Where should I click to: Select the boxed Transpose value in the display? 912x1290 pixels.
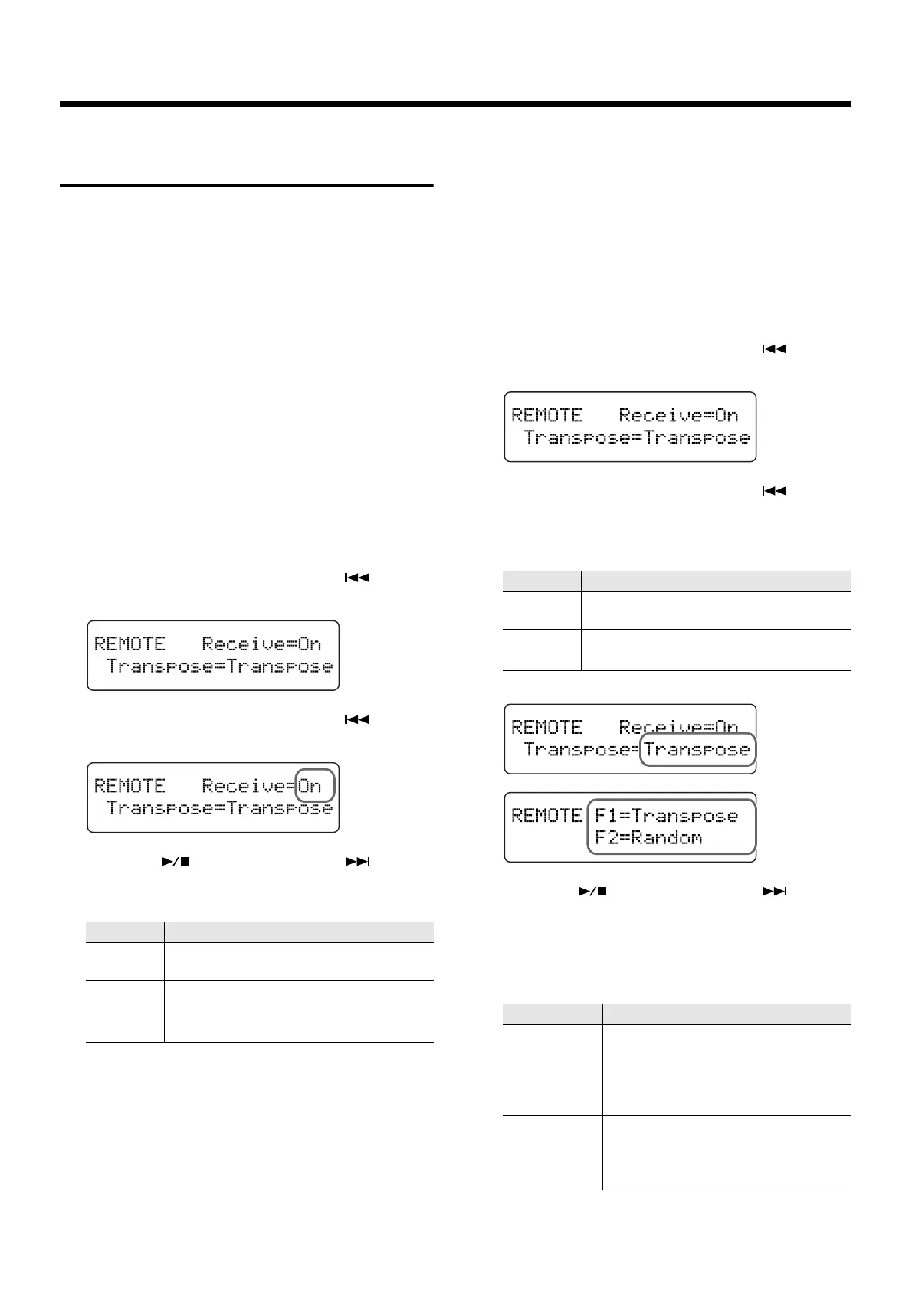click(x=697, y=749)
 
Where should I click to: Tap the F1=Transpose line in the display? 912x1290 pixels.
click(x=666, y=816)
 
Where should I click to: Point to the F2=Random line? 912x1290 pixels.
click(x=648, y=837)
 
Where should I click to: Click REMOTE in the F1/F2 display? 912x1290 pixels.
click(x=546, y=816)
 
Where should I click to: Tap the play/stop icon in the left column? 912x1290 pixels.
click(x=176, y=862)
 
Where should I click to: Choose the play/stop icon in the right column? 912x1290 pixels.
click(x=593, y=892)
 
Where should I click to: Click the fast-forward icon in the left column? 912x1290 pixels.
click(x=357, y=862)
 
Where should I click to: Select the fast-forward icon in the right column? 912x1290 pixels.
click(x=775, y=892)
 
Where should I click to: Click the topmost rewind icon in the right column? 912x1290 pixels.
click(x=774, y=349)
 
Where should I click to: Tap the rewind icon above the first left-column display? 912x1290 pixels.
click(x=357, y=578)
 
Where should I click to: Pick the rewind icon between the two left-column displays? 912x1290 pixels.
click(x=357, y=719)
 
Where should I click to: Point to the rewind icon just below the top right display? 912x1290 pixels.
click(x=774, y=491)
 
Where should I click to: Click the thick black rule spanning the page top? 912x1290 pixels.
click(x=455, y=104)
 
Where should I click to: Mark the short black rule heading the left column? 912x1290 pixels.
click(x=247, y=185)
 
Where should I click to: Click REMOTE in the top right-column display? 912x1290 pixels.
click(x=546, y=415)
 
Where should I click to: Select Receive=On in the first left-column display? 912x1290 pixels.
click(x=261, y=644)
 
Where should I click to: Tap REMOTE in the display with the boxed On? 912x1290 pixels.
click(x=130, y=786)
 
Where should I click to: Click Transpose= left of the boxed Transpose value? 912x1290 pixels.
click(x=581, y=749)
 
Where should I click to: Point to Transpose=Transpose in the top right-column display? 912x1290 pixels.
click(x=637, y=438)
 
